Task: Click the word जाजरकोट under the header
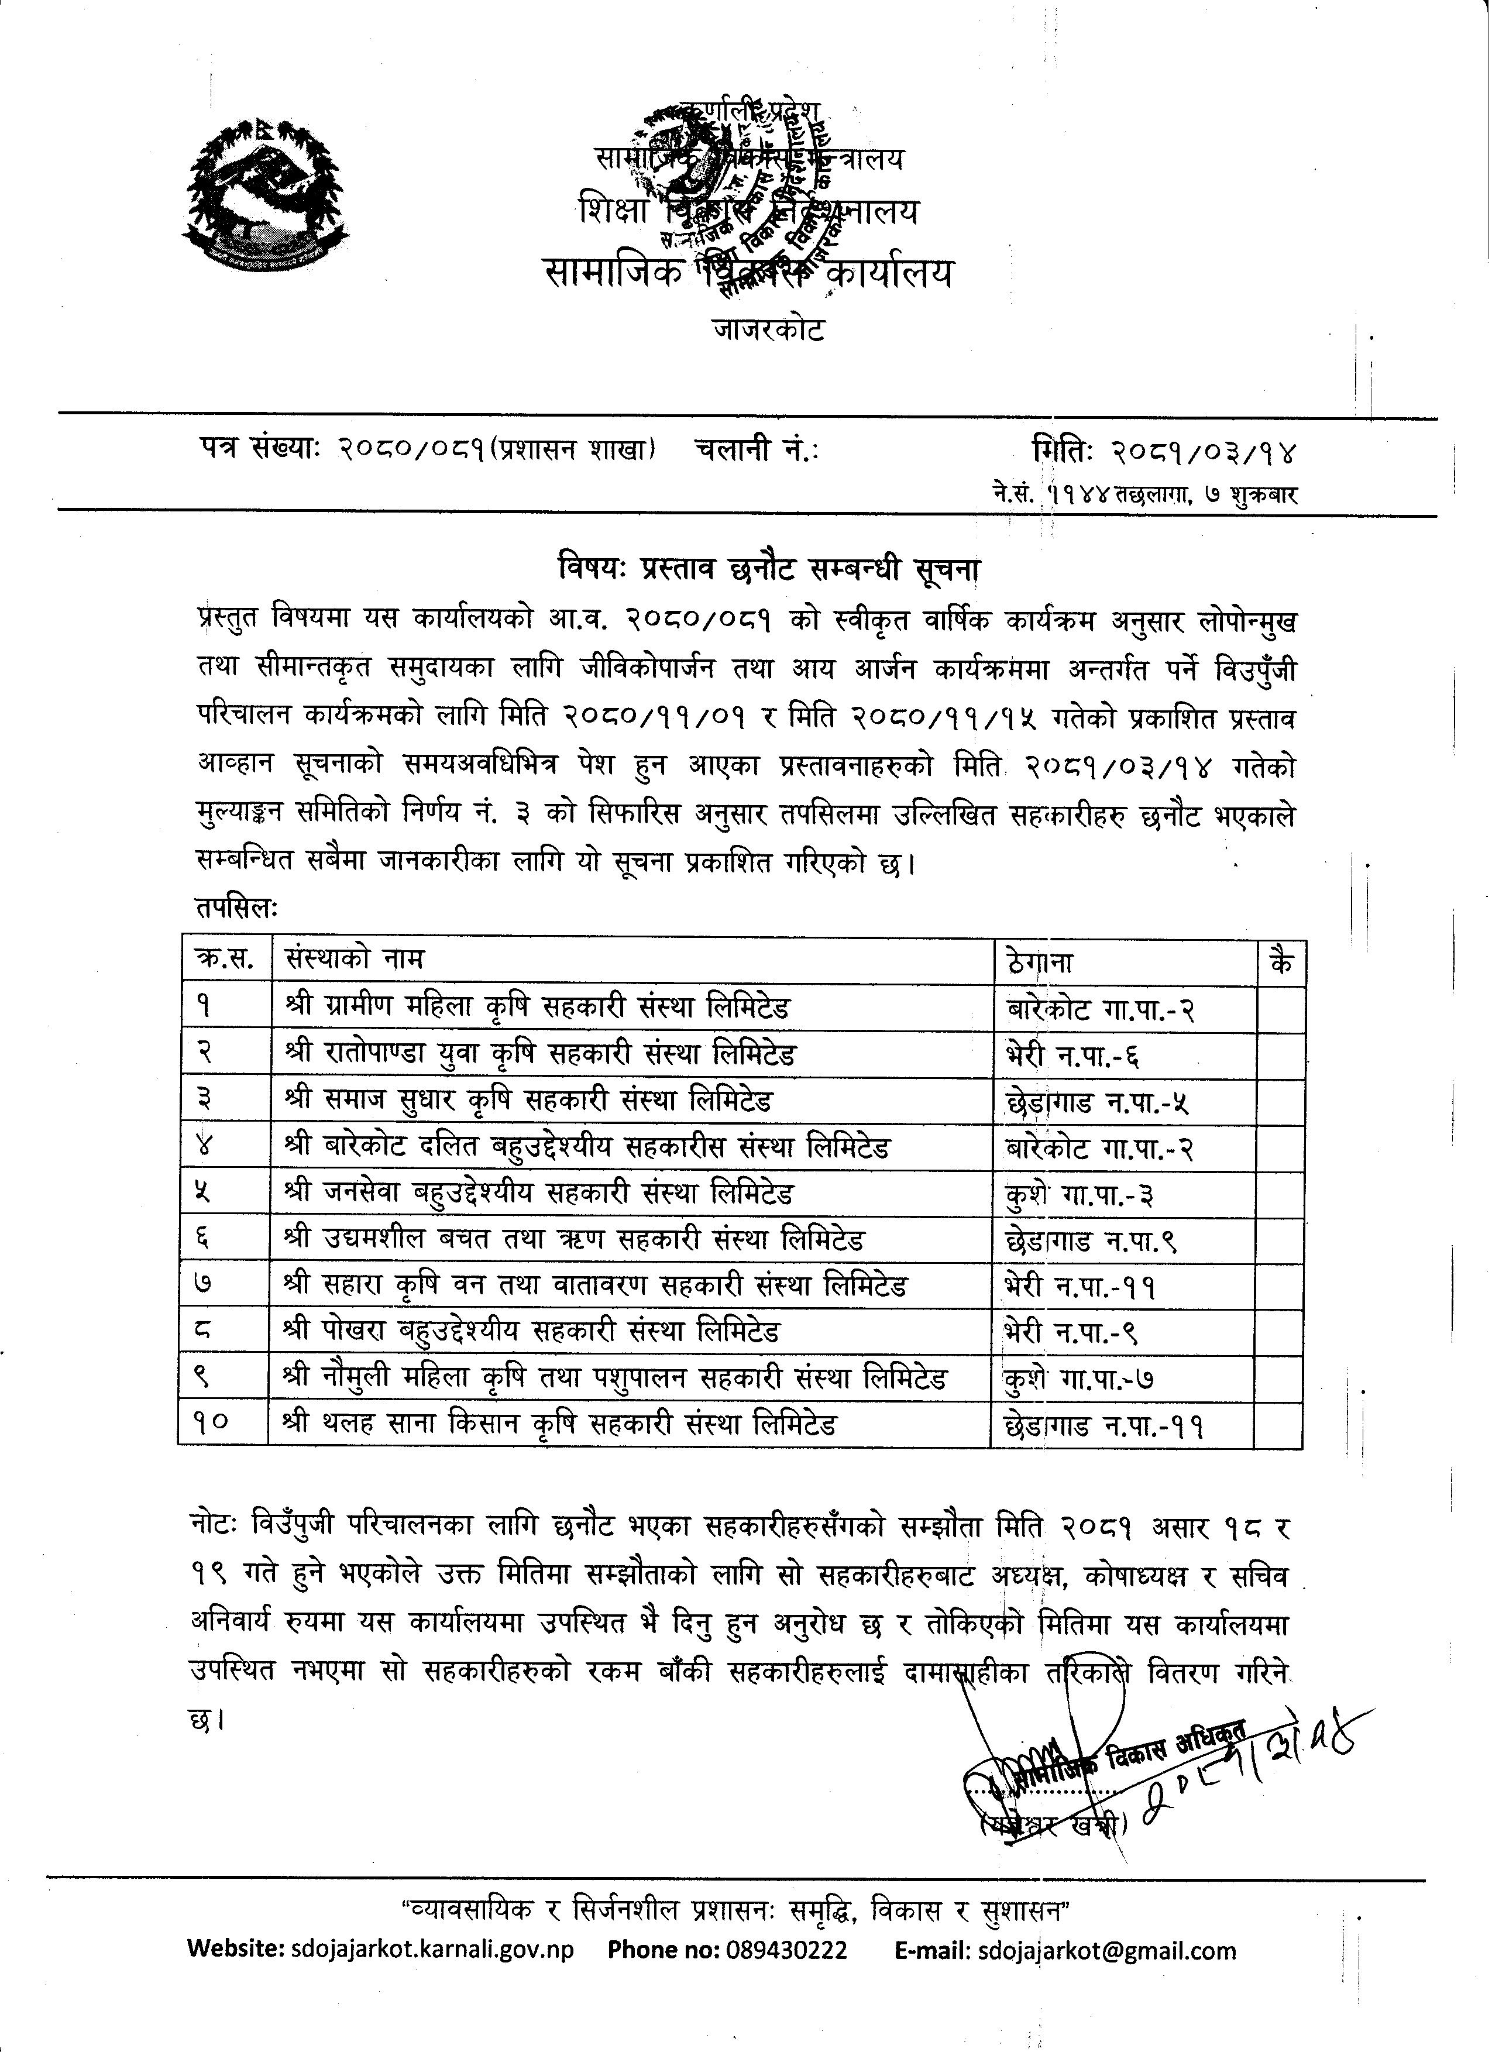[768, 330]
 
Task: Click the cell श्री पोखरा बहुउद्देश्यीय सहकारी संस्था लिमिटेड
[532, 1331]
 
